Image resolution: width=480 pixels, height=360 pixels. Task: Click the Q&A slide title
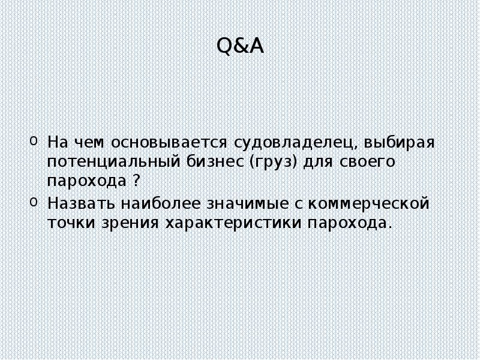(x=239, y=46)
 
